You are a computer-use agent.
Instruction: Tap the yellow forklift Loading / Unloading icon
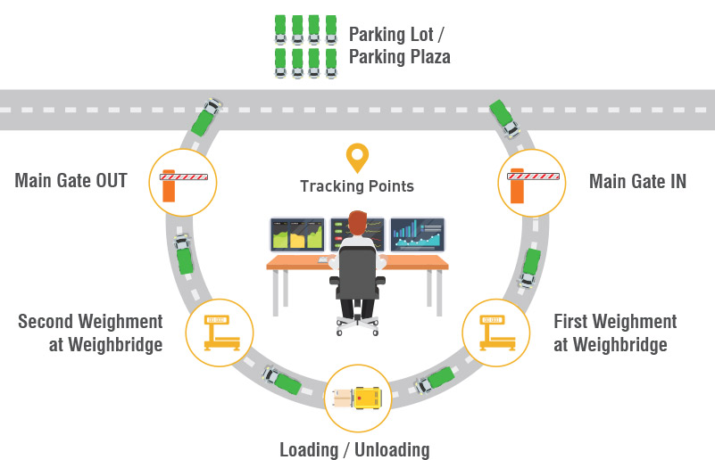coord(359,398)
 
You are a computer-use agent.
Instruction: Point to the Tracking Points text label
coord(357,186)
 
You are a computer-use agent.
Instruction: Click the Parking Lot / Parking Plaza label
coord(399,45)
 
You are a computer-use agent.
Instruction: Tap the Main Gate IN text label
coord(637,182)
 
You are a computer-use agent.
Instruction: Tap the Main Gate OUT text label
coord(71,181)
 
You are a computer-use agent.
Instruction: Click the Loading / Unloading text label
coord(354,449)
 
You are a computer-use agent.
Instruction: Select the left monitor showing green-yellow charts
coord(297,234)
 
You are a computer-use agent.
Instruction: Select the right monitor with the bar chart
coord(417,234)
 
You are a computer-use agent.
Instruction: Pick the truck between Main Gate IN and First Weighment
coord(530,266)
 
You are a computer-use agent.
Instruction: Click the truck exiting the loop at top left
coord(208,116)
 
